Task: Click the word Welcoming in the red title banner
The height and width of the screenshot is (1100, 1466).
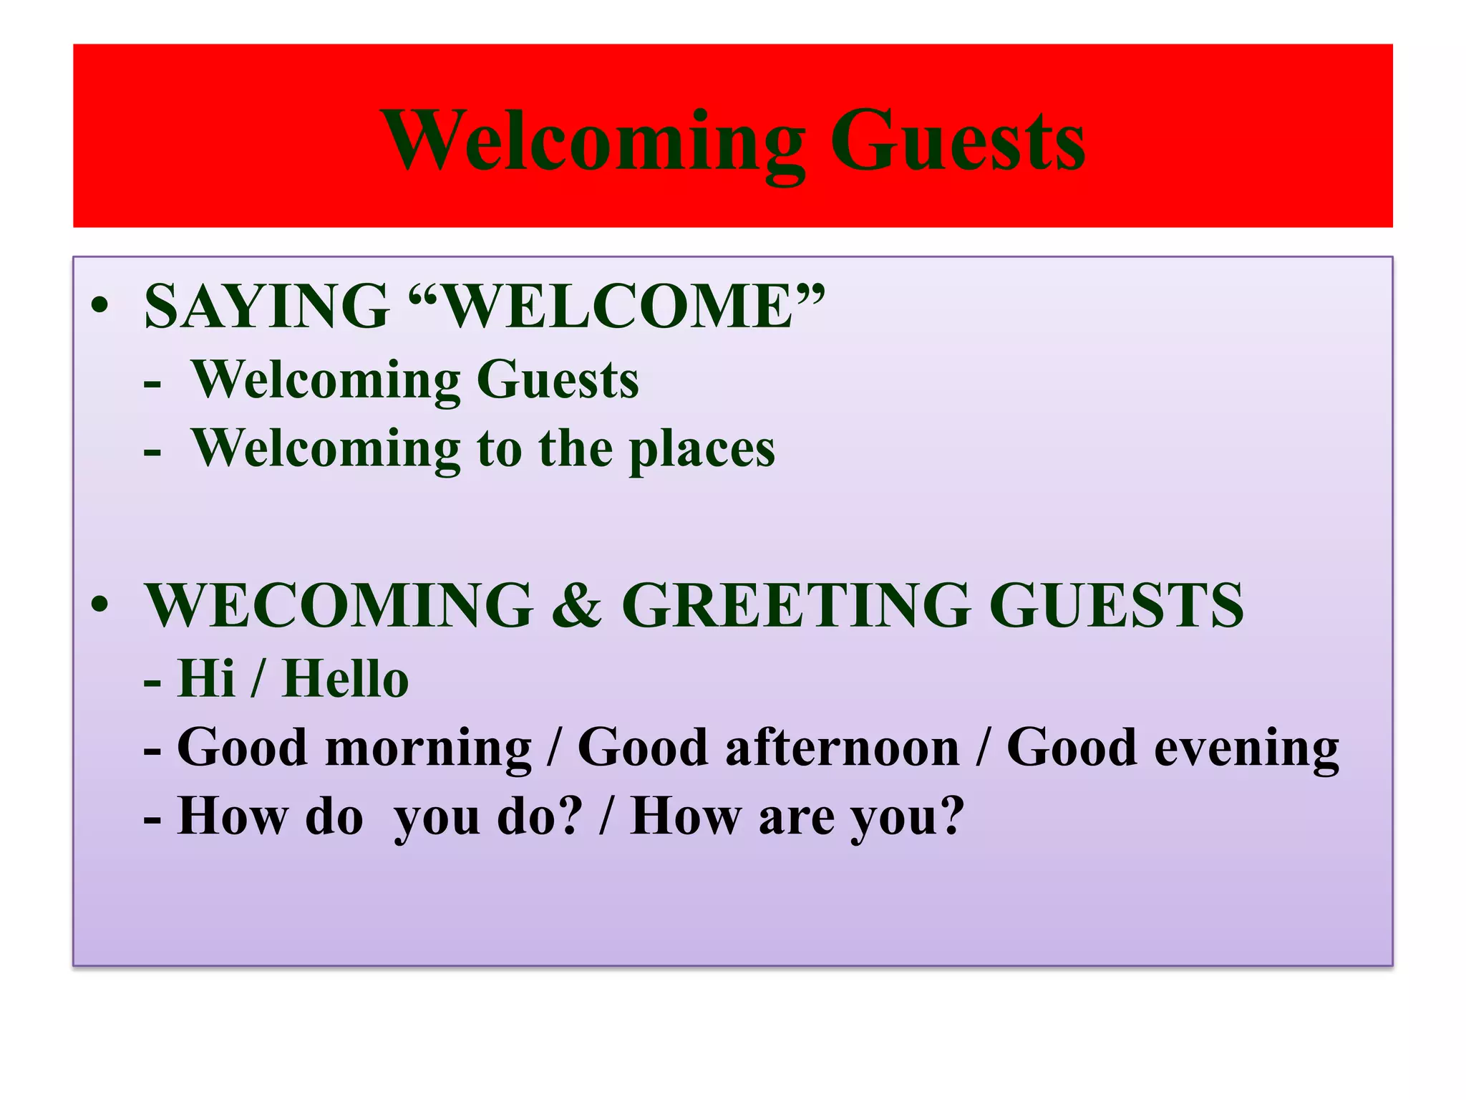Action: pyautogui.click(x=593, y=140)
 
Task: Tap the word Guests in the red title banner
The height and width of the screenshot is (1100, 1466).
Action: pyautogui.click(x=957, y=140)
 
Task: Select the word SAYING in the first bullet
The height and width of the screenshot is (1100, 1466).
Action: pyautogui.click(x=267, y=307)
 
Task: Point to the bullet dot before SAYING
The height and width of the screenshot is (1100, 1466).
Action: pyautogui.click(x=99, y=307)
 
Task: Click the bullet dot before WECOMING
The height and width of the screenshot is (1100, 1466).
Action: pyautogui.click(x=99, y=605)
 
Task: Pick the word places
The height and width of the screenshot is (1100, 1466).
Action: pyautogui.click(x=702, y=450)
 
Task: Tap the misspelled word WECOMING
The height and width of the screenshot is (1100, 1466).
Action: pyautogui.click(x=339, y=605)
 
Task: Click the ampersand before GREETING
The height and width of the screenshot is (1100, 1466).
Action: pyautogui.click(x=577, y=605)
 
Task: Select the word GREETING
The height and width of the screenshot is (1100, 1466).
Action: pyautogui.click(x=796, y=605)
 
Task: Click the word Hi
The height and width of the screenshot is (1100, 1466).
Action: pyautogui.click(x=206, y=678)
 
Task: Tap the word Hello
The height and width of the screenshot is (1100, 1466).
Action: pyautogui.click(x=346, y=678)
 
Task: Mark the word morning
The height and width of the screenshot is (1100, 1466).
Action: pyautogui.click(x=428, y=748)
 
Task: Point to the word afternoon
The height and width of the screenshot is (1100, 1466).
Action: pyautogui.click(x=842, y=748)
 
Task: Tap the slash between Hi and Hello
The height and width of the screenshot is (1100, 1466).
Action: pyautogui.click(x=257, y=678)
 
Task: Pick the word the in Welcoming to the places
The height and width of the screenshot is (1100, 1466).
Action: pyautogui.click(x=576, y=450)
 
